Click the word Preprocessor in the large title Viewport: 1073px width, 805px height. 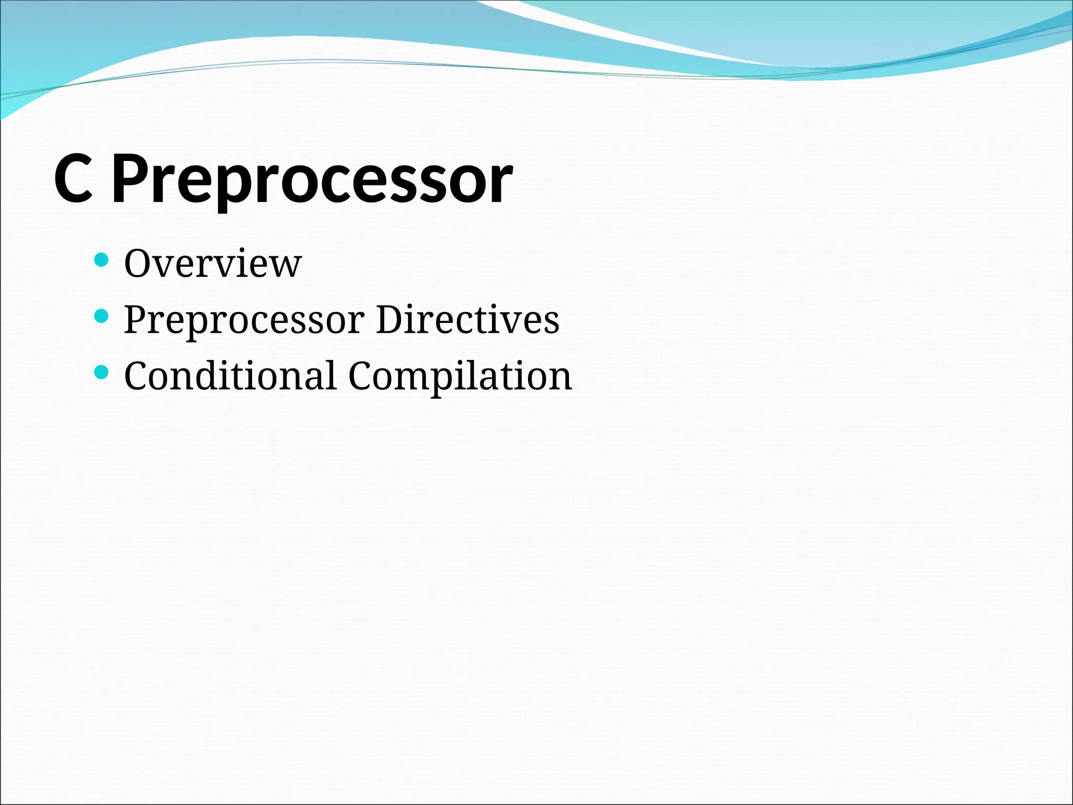pos(312,181)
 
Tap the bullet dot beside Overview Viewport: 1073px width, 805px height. pos(101,259)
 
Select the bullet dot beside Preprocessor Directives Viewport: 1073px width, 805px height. pos(101,316)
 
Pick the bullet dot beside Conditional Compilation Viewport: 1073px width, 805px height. pos(101,373)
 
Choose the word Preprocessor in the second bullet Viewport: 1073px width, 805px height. pos(244,321)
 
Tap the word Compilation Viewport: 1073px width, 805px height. pos(460,377)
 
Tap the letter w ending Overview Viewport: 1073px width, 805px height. pos(287,265)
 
